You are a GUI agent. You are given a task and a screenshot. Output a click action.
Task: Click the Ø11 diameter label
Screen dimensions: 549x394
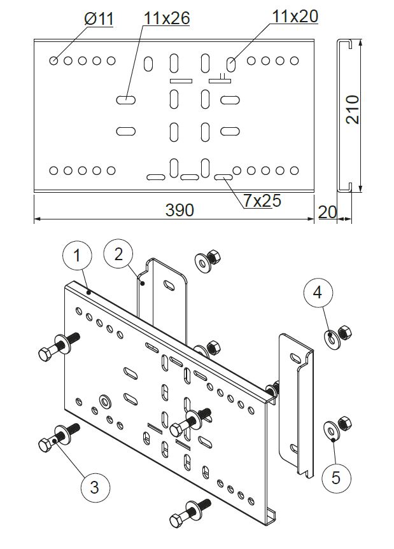click(x=99, y=18)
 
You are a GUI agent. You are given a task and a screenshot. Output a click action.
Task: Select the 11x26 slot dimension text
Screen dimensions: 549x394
click(x=167, y=18)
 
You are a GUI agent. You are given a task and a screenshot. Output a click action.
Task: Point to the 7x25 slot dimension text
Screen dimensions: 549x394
click(x=262, y=200)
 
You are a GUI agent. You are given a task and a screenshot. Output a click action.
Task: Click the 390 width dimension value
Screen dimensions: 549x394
click(x=179, y=211)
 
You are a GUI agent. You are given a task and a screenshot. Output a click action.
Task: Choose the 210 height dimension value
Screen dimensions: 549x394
click(x=352, y=109)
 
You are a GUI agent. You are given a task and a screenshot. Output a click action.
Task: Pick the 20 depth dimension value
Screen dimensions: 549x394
click(x=327, y=212)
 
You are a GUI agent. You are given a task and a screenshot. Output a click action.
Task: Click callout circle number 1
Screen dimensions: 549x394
click(x=77, y=256)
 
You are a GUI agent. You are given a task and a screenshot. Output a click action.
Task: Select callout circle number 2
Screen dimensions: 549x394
click(x=118, y=254)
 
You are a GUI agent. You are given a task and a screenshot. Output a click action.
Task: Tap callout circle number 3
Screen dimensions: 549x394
click(x=94, y=487)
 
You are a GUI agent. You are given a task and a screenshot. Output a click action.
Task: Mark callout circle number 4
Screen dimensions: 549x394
click(x=318, y=293)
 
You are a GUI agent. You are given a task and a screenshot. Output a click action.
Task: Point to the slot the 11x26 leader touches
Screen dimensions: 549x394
click(x=126, y=100)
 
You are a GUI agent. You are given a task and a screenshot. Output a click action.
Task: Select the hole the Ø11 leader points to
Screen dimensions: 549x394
click(x=54, y=61)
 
